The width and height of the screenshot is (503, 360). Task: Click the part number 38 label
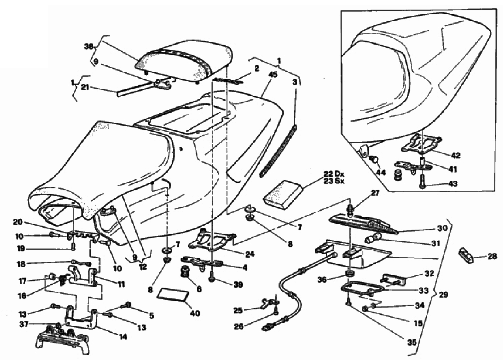pos(89,46)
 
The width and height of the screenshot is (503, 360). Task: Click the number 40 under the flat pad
pos(195,313)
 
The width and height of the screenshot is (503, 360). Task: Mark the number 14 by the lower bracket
pos(123,337)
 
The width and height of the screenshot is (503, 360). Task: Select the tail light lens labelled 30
pos(366,221)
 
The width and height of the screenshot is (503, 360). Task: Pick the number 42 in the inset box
pos(456,156)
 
